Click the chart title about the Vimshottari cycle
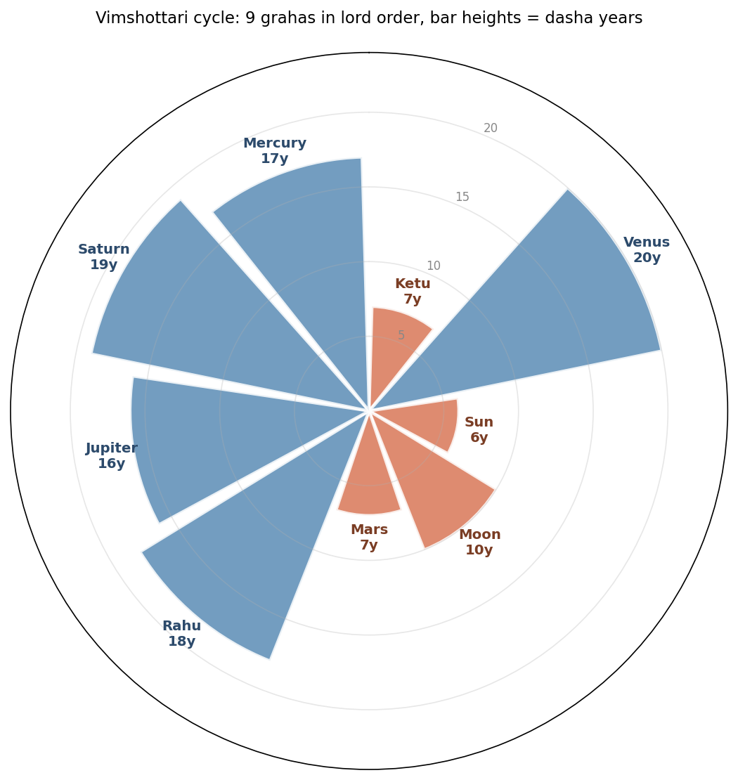(369, 18)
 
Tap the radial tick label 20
(491, 128)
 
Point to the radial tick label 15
(462, 197)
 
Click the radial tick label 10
(434, 266)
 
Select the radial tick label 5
(401, 335)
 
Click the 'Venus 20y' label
(647, 250)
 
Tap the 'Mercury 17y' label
(275, 151)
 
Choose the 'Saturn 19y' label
(104, 257)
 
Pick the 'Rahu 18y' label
(181, 633)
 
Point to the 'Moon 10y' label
(479, 542)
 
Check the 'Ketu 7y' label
(413, 291)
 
